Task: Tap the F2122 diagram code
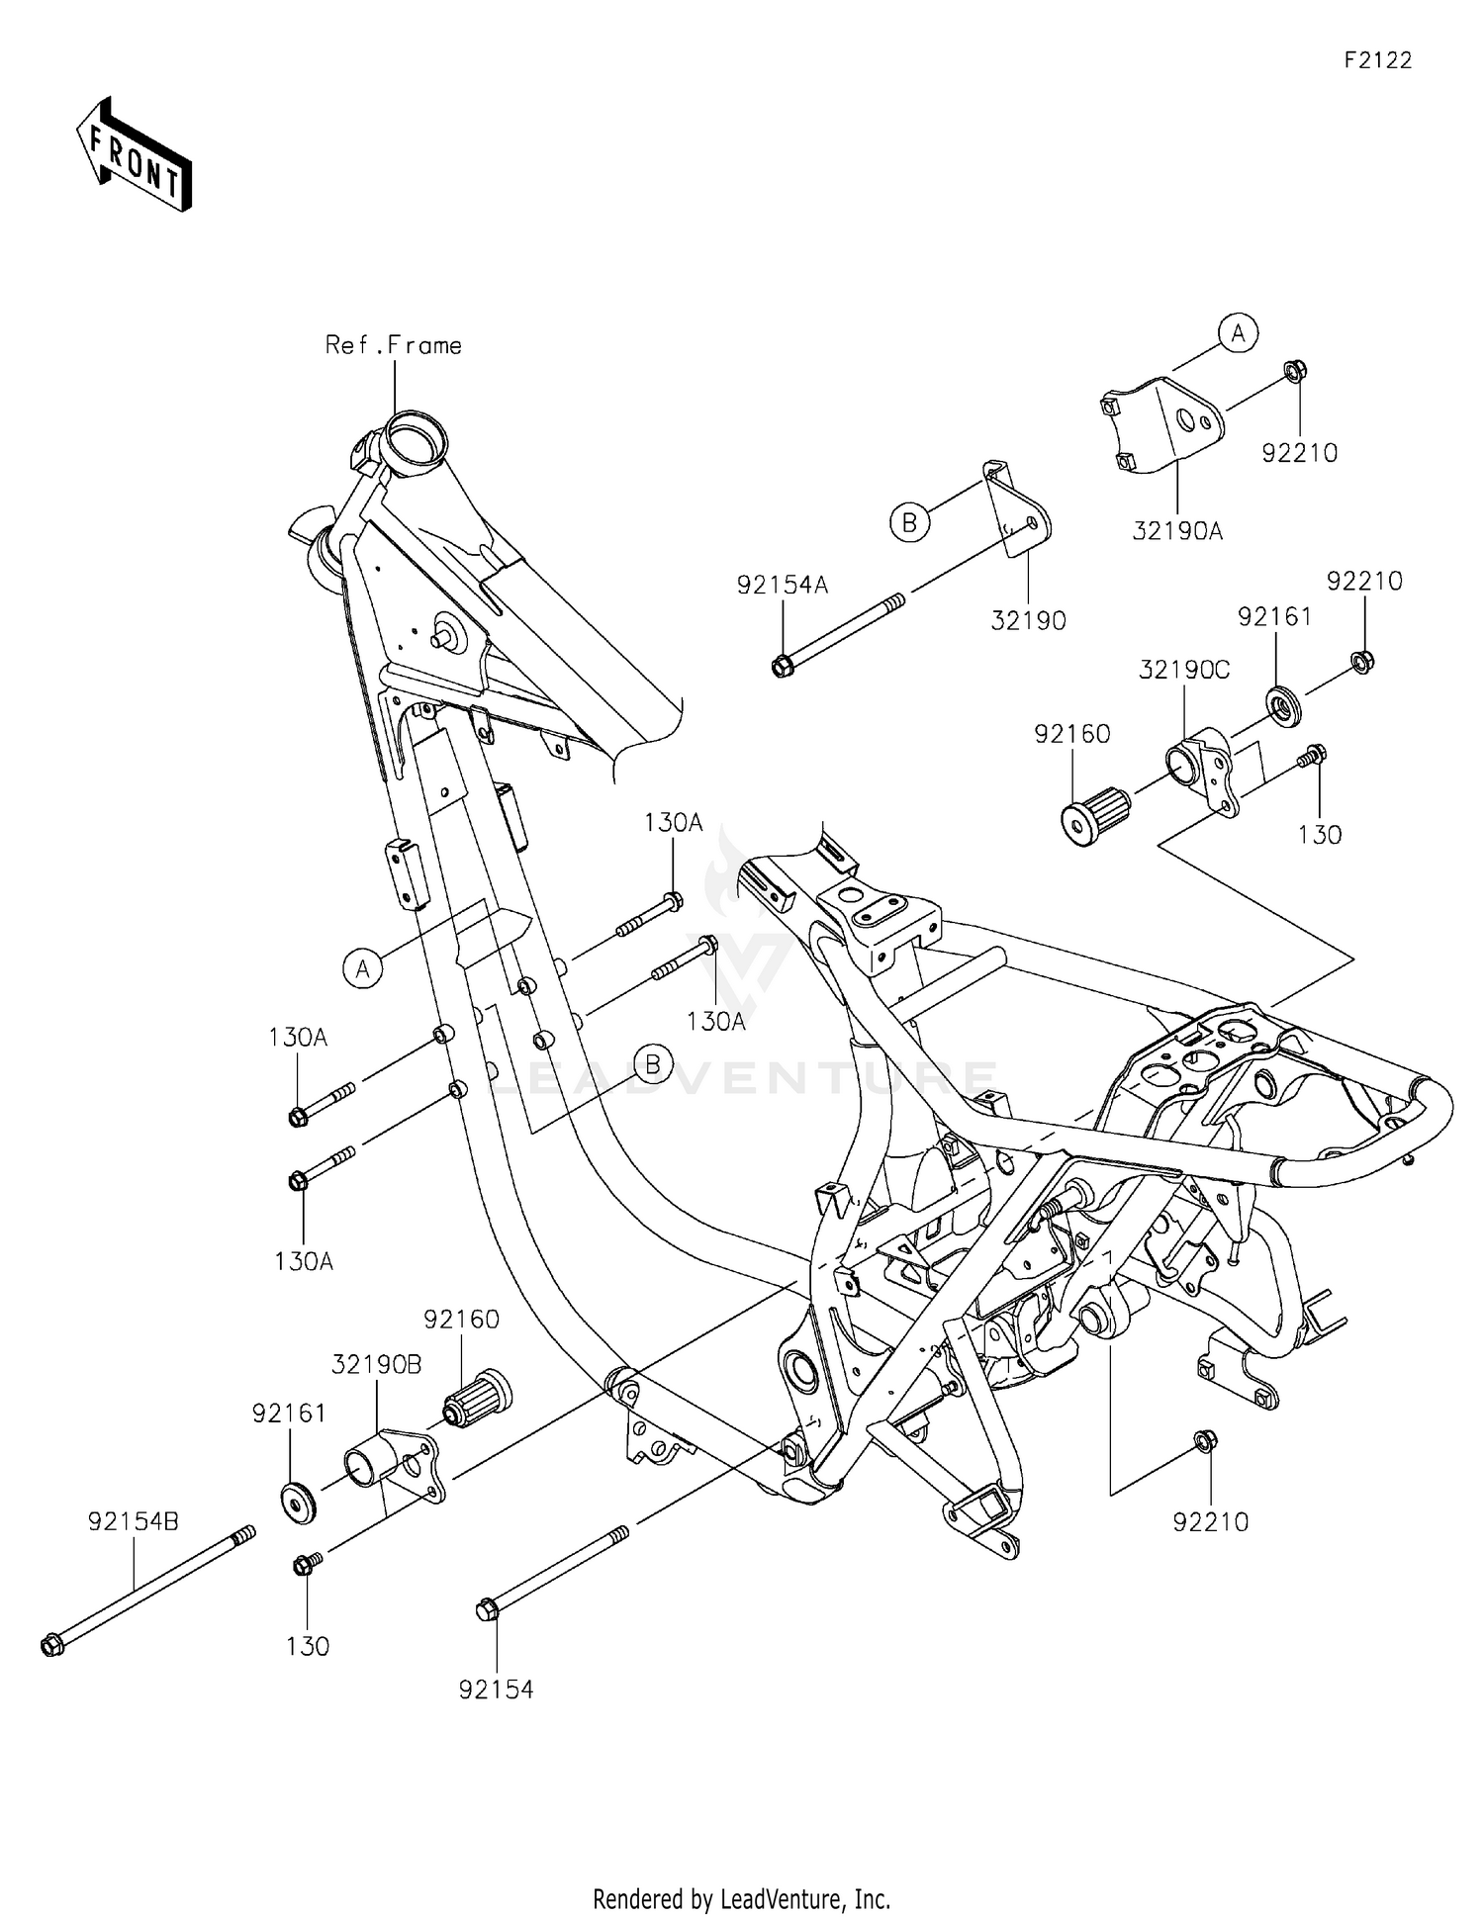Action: pyautogui.click(x=1377, y=60)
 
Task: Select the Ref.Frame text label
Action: pyautogui.click(x=394, y=345)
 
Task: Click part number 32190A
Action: pyautogui.click(x=1177, y=531)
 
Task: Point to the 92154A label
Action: pyautogui.click(x=782, y=586)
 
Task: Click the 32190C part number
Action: pyautogui.click(x=1184, y=670)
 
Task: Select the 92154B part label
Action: pyautogui.click(x=134, y=1521)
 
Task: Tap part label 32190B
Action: pyautogui.click(x=376, y=1364)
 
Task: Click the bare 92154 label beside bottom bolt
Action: pyautogui.click(x=496, y=1690)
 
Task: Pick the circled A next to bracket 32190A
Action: pyautogui.click(x=1238, y=333)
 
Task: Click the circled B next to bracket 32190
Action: pyautogui.click(x=909, y=521)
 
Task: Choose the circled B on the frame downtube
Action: pyautogui.click(x=653, y=1064)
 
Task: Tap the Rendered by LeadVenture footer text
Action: pyautogui.click(x=741, y=1898)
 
